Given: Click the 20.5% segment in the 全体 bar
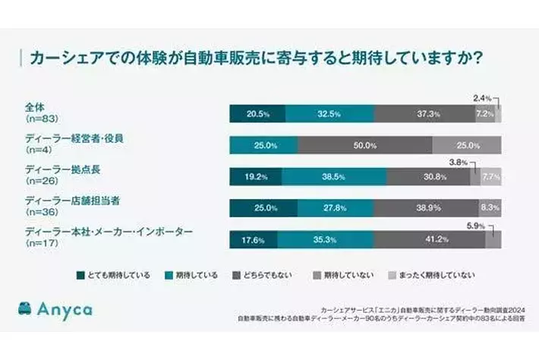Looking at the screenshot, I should pos(257,113).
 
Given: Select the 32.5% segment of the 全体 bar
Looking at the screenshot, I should pos(329,113).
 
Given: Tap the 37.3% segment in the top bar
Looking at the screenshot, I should pos(424,113).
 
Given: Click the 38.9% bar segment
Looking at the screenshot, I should pos(425,207).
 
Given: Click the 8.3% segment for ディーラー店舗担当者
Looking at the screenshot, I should pos(490,207).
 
